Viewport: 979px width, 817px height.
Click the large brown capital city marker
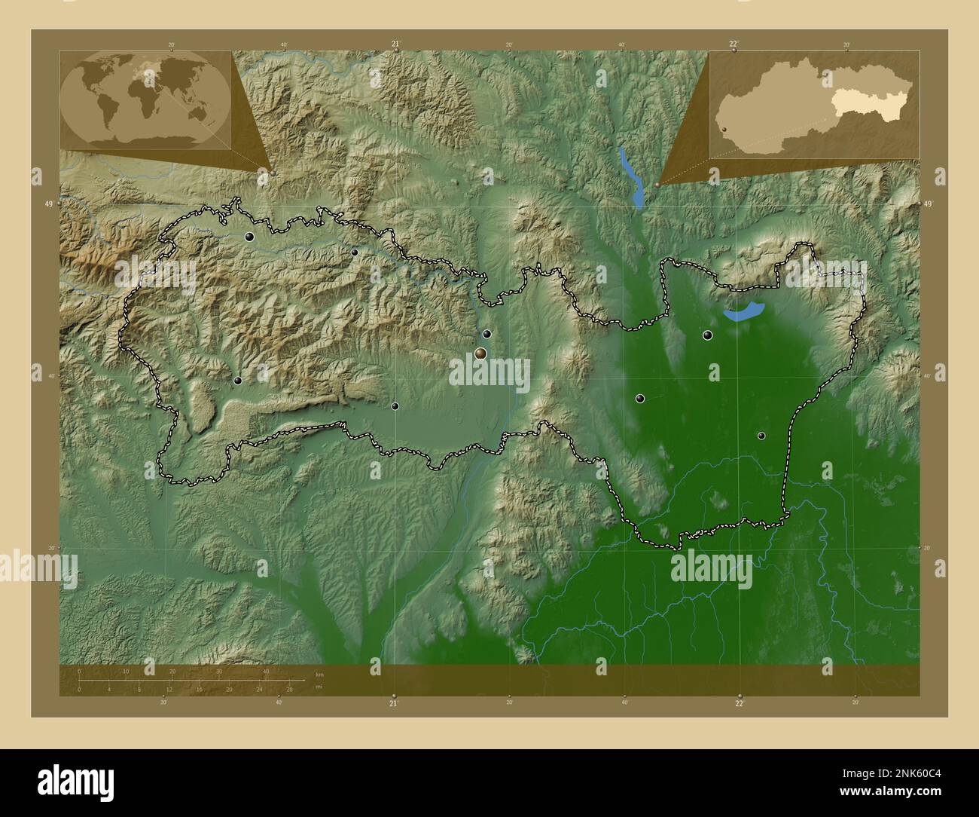tap(480, 353)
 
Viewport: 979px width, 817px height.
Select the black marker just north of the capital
tap(487, 334)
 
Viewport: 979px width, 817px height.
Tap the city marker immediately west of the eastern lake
tap(707, 335)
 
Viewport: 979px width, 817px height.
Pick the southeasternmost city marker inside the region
tap(761, 436)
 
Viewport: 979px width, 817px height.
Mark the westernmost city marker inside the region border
tap(237, 381)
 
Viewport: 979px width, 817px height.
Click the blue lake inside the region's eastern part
tap(743, 312)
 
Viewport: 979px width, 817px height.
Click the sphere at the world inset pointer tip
tap(273, 173)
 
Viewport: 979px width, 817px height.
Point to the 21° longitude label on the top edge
tap(395, 44)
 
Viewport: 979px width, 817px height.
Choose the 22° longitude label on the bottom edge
tap(740, 703)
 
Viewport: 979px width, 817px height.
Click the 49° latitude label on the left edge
tap(49, 204)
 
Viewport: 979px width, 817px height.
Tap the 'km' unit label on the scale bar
tap(319, 674)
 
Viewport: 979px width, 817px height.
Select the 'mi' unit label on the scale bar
tap(319, 687)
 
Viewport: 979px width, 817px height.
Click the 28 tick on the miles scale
tap(289, 689)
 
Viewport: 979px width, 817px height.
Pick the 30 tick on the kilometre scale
tap(219, 672)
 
